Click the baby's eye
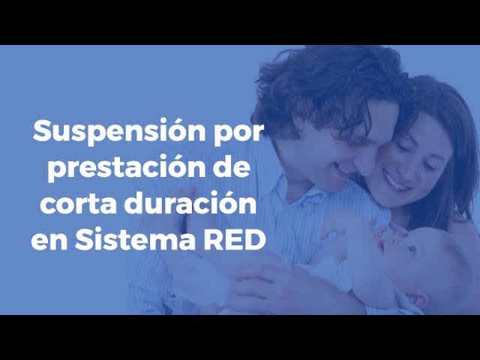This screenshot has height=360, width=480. pyautogui.click(x=412, y=250)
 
